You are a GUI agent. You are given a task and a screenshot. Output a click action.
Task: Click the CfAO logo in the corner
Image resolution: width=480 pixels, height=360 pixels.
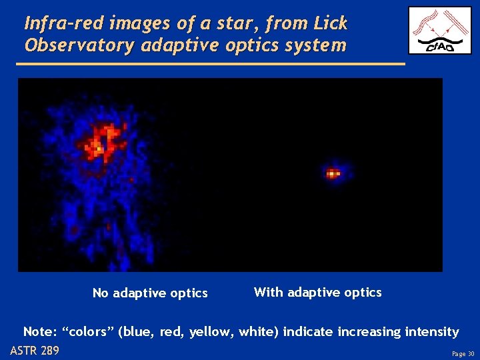pyautogui.click(x=439, y=31)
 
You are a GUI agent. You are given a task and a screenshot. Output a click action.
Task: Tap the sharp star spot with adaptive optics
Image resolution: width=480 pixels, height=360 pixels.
pyautogui.click(x=333, y=174)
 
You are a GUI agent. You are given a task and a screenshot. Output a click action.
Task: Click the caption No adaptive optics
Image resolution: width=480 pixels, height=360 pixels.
pyautogui.click(x=150, y=293)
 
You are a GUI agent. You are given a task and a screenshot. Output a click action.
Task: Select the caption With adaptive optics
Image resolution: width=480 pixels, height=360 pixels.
pyautogui.click(x=318, y=292)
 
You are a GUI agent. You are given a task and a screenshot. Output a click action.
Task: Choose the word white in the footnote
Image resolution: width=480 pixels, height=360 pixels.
pyautogui.click(x=253, y=331)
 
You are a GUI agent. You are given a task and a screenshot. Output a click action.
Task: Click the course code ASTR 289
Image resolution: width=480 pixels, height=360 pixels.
pyautogui.click(x=35, y=351)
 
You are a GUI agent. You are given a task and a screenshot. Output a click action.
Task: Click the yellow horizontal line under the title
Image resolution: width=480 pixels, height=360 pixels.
pyautogui.click(x=209, y=64)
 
